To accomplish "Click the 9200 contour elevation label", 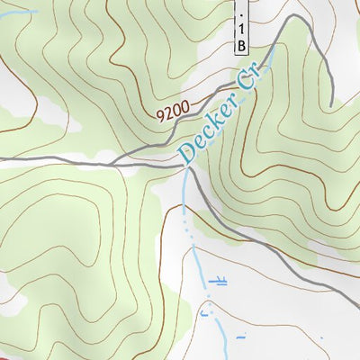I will click(172, 112).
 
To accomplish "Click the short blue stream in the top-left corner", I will click(18, 12).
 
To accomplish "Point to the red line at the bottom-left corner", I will click(7, 356).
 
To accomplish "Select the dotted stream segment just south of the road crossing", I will click(187, 216).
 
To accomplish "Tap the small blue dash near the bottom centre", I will click(240, 337).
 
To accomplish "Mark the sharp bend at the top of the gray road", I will click(292, 17).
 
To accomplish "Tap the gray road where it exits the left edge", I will click(3, 159).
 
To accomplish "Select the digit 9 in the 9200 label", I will click(160, 115).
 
